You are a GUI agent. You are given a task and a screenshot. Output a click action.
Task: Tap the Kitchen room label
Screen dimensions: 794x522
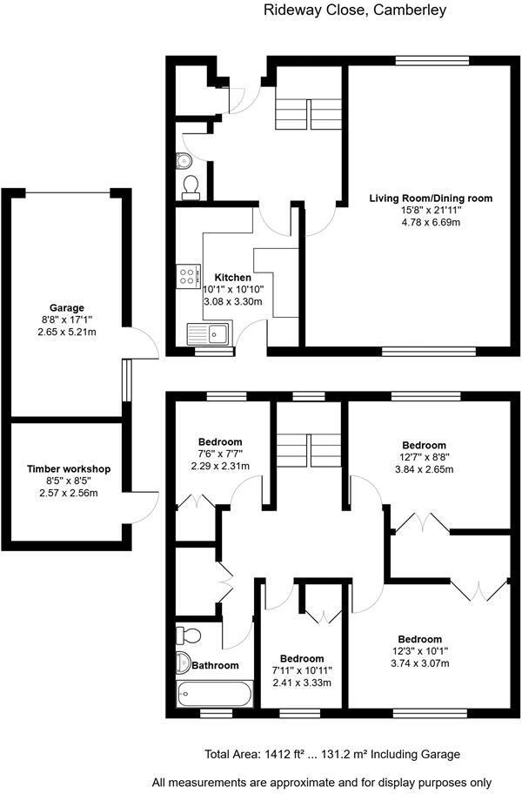pyautogui.click(x=233, y=278)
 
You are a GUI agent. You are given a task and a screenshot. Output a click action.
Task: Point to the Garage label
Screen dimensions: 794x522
pyautogui.click(x=67, y=308)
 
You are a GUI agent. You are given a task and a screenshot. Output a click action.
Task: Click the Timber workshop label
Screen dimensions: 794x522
pyautogui.click(x=68, y=469)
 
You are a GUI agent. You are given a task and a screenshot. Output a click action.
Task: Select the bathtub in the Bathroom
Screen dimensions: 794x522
pyautogui.click(x=213, y=694)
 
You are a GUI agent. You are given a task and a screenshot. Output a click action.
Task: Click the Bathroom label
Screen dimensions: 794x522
pyautogui.click(x=215, y=665)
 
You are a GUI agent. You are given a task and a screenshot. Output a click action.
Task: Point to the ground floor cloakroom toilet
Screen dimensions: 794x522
pyautogui.click(x=191, y=185)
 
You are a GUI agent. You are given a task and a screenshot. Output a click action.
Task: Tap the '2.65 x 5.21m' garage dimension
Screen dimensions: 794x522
pyautogui.click(x=67, y=333)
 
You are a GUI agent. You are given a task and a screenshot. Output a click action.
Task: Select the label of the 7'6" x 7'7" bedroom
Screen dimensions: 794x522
pyautogui.click(x=220, y=441)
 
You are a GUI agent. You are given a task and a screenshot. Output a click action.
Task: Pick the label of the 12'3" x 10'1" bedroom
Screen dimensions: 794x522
pyautogui.click(x=420, y=638)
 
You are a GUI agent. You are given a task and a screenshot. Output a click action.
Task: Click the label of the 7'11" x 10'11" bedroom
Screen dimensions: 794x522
pyautogui.click(x=302, y=658)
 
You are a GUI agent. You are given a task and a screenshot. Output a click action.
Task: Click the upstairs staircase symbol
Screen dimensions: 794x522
pyautogui.click(x=308, y=447)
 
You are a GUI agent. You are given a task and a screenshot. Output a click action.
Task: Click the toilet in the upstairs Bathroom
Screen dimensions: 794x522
pyautogui.click(x=191, y=634)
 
